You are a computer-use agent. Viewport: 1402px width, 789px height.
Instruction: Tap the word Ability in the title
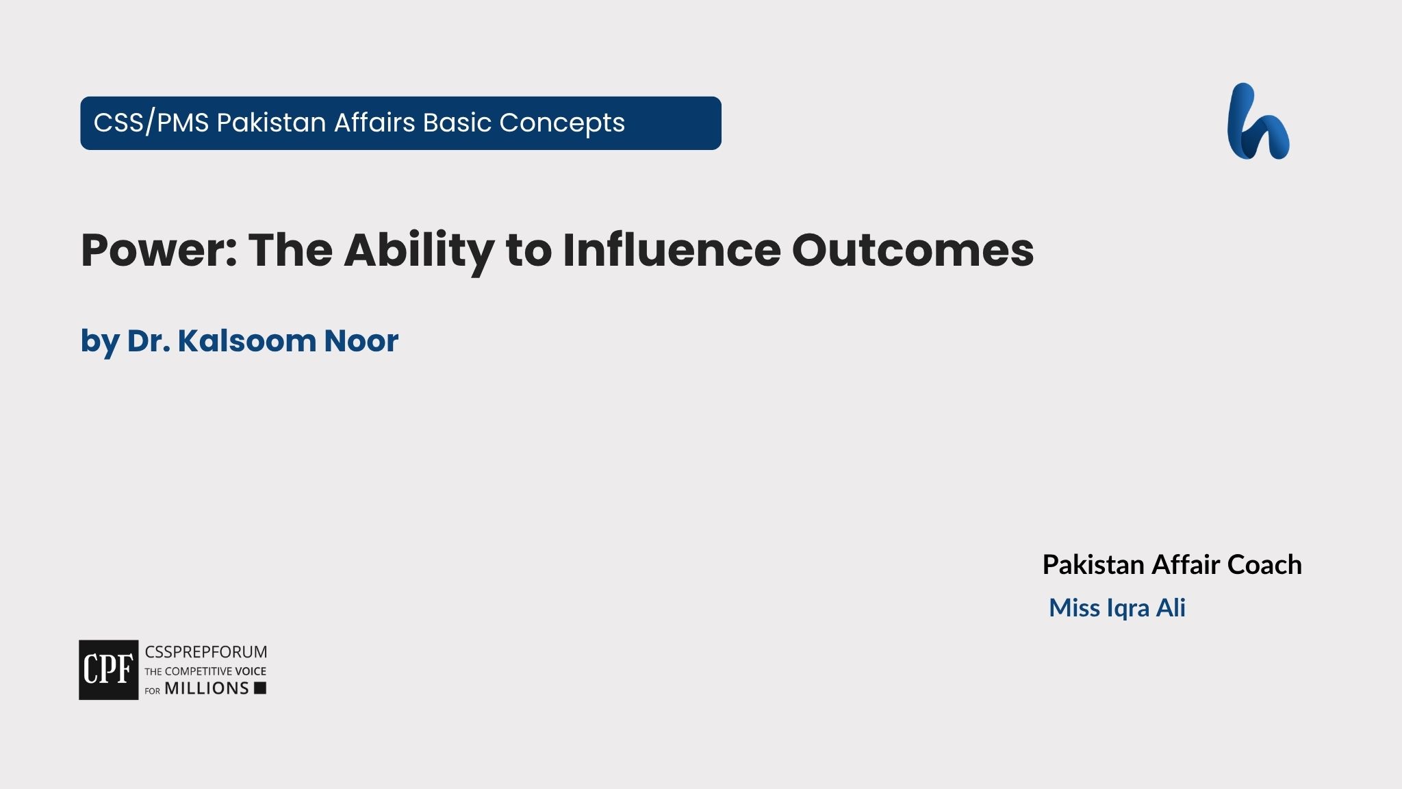click(x=418, y=250)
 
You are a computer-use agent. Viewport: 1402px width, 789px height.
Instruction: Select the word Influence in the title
click(x=671, y=250)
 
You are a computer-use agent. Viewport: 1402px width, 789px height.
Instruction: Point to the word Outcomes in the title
click(x=912, y=250)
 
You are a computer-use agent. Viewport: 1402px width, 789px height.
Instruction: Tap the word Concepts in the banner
click(x=561, y=123)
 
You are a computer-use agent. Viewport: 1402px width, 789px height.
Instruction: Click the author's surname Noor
click(x=361, y=341)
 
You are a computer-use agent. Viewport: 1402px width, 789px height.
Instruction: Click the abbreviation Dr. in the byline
click(x=149, y=341)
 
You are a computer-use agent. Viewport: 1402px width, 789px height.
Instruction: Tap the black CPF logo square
click(x=108, y=670)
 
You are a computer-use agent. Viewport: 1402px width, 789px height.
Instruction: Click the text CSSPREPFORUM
click(x=205, y=652)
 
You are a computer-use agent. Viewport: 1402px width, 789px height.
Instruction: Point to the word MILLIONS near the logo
click(x=207, y=689)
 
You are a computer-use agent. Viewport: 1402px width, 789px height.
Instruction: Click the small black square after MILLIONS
click(x=260, y=688)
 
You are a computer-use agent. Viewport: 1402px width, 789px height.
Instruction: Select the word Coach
click(x=1264, y=565)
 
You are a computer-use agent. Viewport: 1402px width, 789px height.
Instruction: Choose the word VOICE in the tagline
click(x=251, y=671)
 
